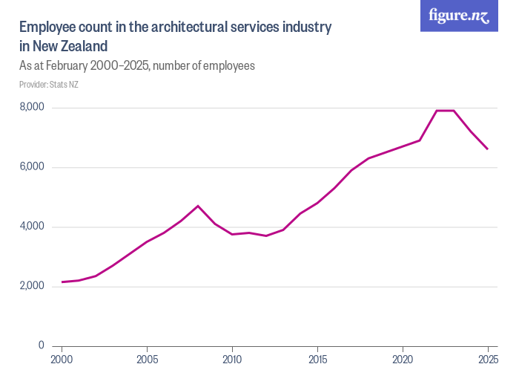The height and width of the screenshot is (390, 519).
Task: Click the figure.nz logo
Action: (x=459, y=16)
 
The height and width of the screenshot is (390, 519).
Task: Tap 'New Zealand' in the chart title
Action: (x=65, y=46)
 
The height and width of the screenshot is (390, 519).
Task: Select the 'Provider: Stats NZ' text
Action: (x=49, y=85)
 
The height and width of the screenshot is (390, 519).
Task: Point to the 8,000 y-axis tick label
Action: (x=32, y=108)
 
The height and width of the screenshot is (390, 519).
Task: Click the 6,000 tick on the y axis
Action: (x=32, y=167)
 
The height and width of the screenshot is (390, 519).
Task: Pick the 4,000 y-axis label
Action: (x=32, y=227)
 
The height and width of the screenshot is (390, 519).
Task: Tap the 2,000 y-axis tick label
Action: (x=32, y=286)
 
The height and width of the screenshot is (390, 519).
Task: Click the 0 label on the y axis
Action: (x=41, y=345)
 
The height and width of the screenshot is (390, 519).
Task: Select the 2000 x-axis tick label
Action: (x=62, y=360)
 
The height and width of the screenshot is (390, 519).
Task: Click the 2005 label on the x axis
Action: (x=147, y=360)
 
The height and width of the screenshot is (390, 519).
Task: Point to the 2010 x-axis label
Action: (x=232, y=360)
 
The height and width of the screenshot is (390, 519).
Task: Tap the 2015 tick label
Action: (x=317, y=360)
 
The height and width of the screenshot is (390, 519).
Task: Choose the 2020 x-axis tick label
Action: (x=403, y=360)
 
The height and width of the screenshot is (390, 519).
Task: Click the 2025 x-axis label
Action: (x=487, y=360)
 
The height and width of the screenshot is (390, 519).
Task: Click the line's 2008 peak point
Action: (x=198, y=206)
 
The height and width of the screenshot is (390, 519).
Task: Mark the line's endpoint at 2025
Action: (x=487, y=149)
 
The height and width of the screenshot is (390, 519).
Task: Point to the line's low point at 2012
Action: (x=266, y=235)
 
